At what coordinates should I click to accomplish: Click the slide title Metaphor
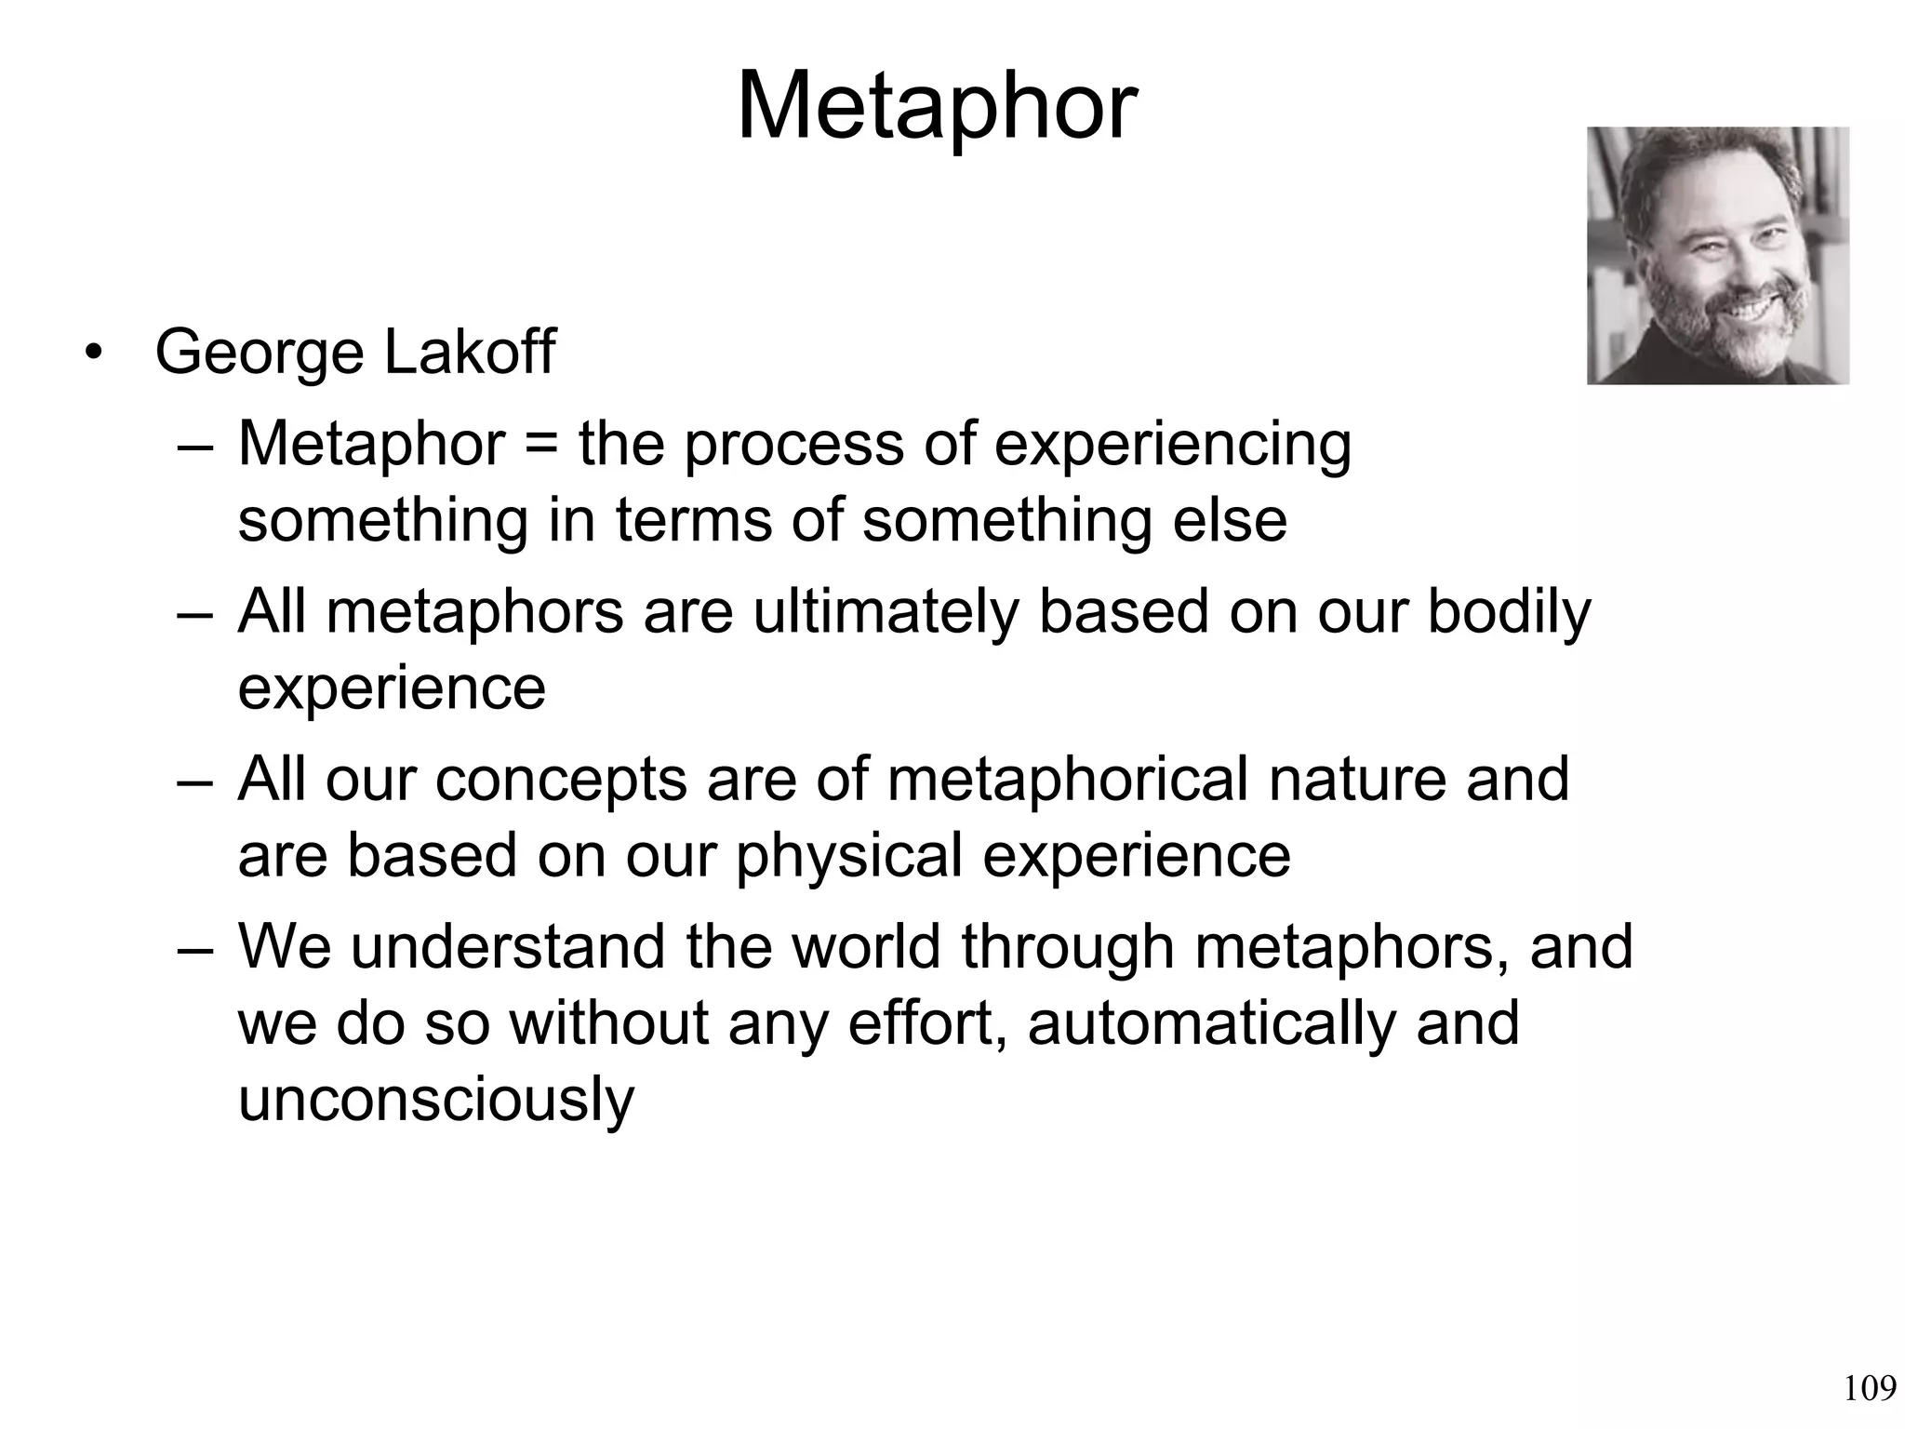point(937,109)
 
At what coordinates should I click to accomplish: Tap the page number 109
point(1869,1389)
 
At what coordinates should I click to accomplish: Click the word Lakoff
point(469,352)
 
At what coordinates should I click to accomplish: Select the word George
point(259,354)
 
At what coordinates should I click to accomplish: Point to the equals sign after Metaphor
point(541,445)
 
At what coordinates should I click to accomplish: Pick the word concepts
point(561,781)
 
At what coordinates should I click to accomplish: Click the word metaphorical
point(1067,780)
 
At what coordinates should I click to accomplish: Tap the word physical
point(848,856)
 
